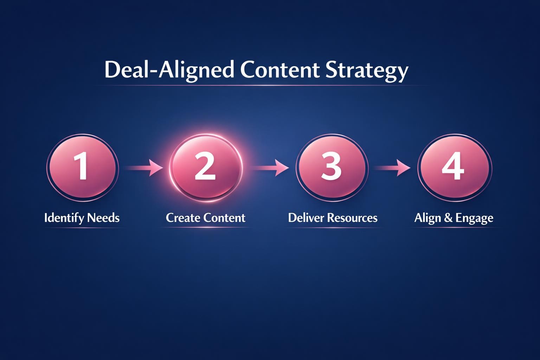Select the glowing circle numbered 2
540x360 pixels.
pos(206,168)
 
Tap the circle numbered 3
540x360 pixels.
pos(332,168)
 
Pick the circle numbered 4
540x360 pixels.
pos(454,168)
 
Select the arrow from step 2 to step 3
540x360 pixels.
pos(269,168)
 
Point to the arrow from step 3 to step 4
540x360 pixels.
pos(392,168)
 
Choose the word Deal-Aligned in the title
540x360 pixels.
pos(169,70)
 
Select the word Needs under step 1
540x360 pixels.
pos(103,218)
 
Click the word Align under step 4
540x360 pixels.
pos(427,218)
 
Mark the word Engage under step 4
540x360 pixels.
pos(474,218)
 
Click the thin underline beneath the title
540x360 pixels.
pos(262,85)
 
